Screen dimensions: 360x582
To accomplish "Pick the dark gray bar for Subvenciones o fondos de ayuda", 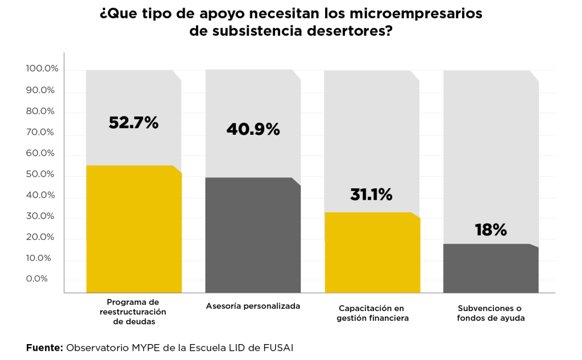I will tap(490, 268).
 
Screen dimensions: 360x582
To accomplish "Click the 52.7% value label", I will tap(134, 122).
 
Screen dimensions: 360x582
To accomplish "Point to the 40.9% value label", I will tap(253, 129).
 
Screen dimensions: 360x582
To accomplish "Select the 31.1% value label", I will tap(371, 195).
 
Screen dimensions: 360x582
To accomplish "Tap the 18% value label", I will tap(490, 230).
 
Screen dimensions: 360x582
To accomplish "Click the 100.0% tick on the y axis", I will tap(42, 69).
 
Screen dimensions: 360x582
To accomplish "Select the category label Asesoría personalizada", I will tap(252, 306).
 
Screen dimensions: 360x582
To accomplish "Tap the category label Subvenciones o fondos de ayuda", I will tap(490, 312).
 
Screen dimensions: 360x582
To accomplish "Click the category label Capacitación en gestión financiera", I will tap(372, 312).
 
